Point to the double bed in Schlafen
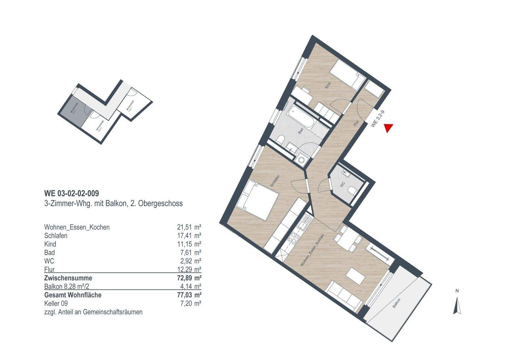257,200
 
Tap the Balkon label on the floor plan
396,303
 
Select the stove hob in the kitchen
293,239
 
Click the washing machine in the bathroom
301,160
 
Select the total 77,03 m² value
189,295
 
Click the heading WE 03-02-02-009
71,193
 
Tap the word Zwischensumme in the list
68,278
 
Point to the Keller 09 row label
56,303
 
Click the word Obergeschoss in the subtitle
163,204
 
